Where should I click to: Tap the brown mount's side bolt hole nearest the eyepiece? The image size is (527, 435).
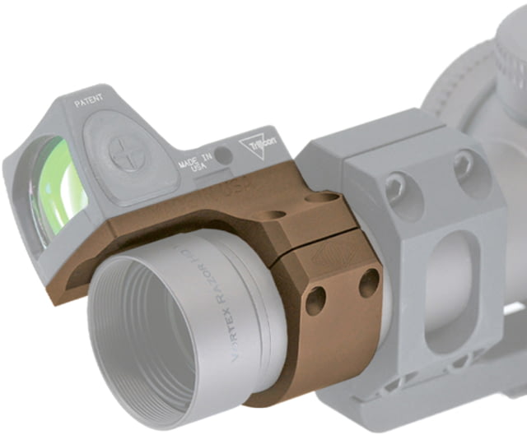(x=315, y=303)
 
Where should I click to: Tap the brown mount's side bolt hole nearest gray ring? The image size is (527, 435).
(x=368, y=283)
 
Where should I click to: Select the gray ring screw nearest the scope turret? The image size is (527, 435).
(x=464, y=164)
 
